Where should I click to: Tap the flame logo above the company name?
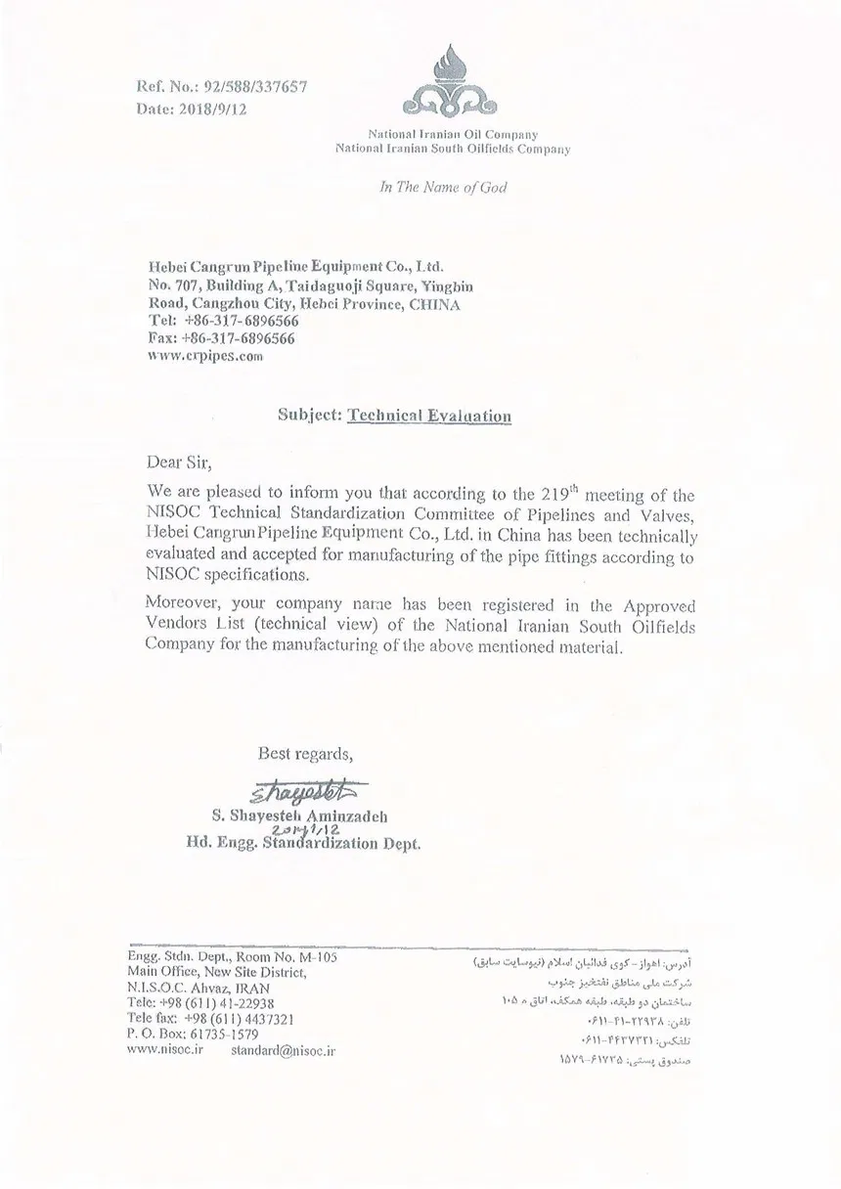click(x=452, y=82)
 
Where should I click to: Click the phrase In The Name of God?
click(x=443, y=187)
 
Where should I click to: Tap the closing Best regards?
click(x=305, y=754)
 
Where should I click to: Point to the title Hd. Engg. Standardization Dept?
click(x=303, y=842)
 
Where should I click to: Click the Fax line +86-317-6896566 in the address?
click(x=239, y=338)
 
